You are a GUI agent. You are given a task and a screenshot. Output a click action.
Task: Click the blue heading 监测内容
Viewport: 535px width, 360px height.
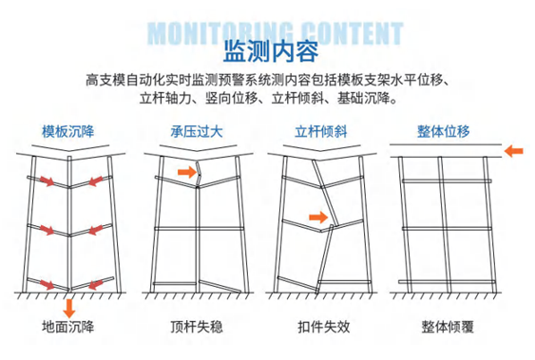271,51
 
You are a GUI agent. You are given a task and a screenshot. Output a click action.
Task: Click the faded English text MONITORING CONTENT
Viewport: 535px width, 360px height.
276,33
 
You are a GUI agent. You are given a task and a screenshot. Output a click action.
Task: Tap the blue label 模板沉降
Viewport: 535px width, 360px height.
67,132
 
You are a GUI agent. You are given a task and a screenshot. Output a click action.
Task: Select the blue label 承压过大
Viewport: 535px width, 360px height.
197,132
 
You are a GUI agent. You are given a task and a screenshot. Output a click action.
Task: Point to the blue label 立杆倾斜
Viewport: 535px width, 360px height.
321,132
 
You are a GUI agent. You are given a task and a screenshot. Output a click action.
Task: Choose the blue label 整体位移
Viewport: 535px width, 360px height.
444,131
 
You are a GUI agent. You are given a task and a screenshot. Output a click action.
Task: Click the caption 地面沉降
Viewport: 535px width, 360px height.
67,327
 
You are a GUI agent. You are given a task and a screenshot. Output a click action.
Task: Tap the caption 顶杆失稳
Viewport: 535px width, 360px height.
197,327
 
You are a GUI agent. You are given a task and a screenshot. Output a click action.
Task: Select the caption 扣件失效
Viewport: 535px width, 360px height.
324,327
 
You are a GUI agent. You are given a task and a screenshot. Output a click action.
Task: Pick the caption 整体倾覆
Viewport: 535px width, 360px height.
448,327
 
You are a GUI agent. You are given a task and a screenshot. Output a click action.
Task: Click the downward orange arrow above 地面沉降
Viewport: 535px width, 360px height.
69,308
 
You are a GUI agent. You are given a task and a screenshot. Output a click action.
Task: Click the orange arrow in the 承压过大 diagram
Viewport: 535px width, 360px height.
187,172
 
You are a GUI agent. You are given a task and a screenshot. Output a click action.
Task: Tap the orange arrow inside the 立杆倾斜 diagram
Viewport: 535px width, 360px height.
318,218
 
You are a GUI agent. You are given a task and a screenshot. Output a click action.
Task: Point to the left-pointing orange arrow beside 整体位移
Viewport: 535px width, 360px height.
513,151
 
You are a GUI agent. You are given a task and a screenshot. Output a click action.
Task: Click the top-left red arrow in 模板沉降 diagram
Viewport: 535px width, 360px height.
48,180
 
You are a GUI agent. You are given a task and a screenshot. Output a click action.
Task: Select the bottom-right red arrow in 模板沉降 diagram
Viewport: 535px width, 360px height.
96,284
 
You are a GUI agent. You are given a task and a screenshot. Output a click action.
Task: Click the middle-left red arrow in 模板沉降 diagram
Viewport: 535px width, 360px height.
48,230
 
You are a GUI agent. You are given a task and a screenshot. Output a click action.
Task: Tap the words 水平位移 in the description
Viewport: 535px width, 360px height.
417,81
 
